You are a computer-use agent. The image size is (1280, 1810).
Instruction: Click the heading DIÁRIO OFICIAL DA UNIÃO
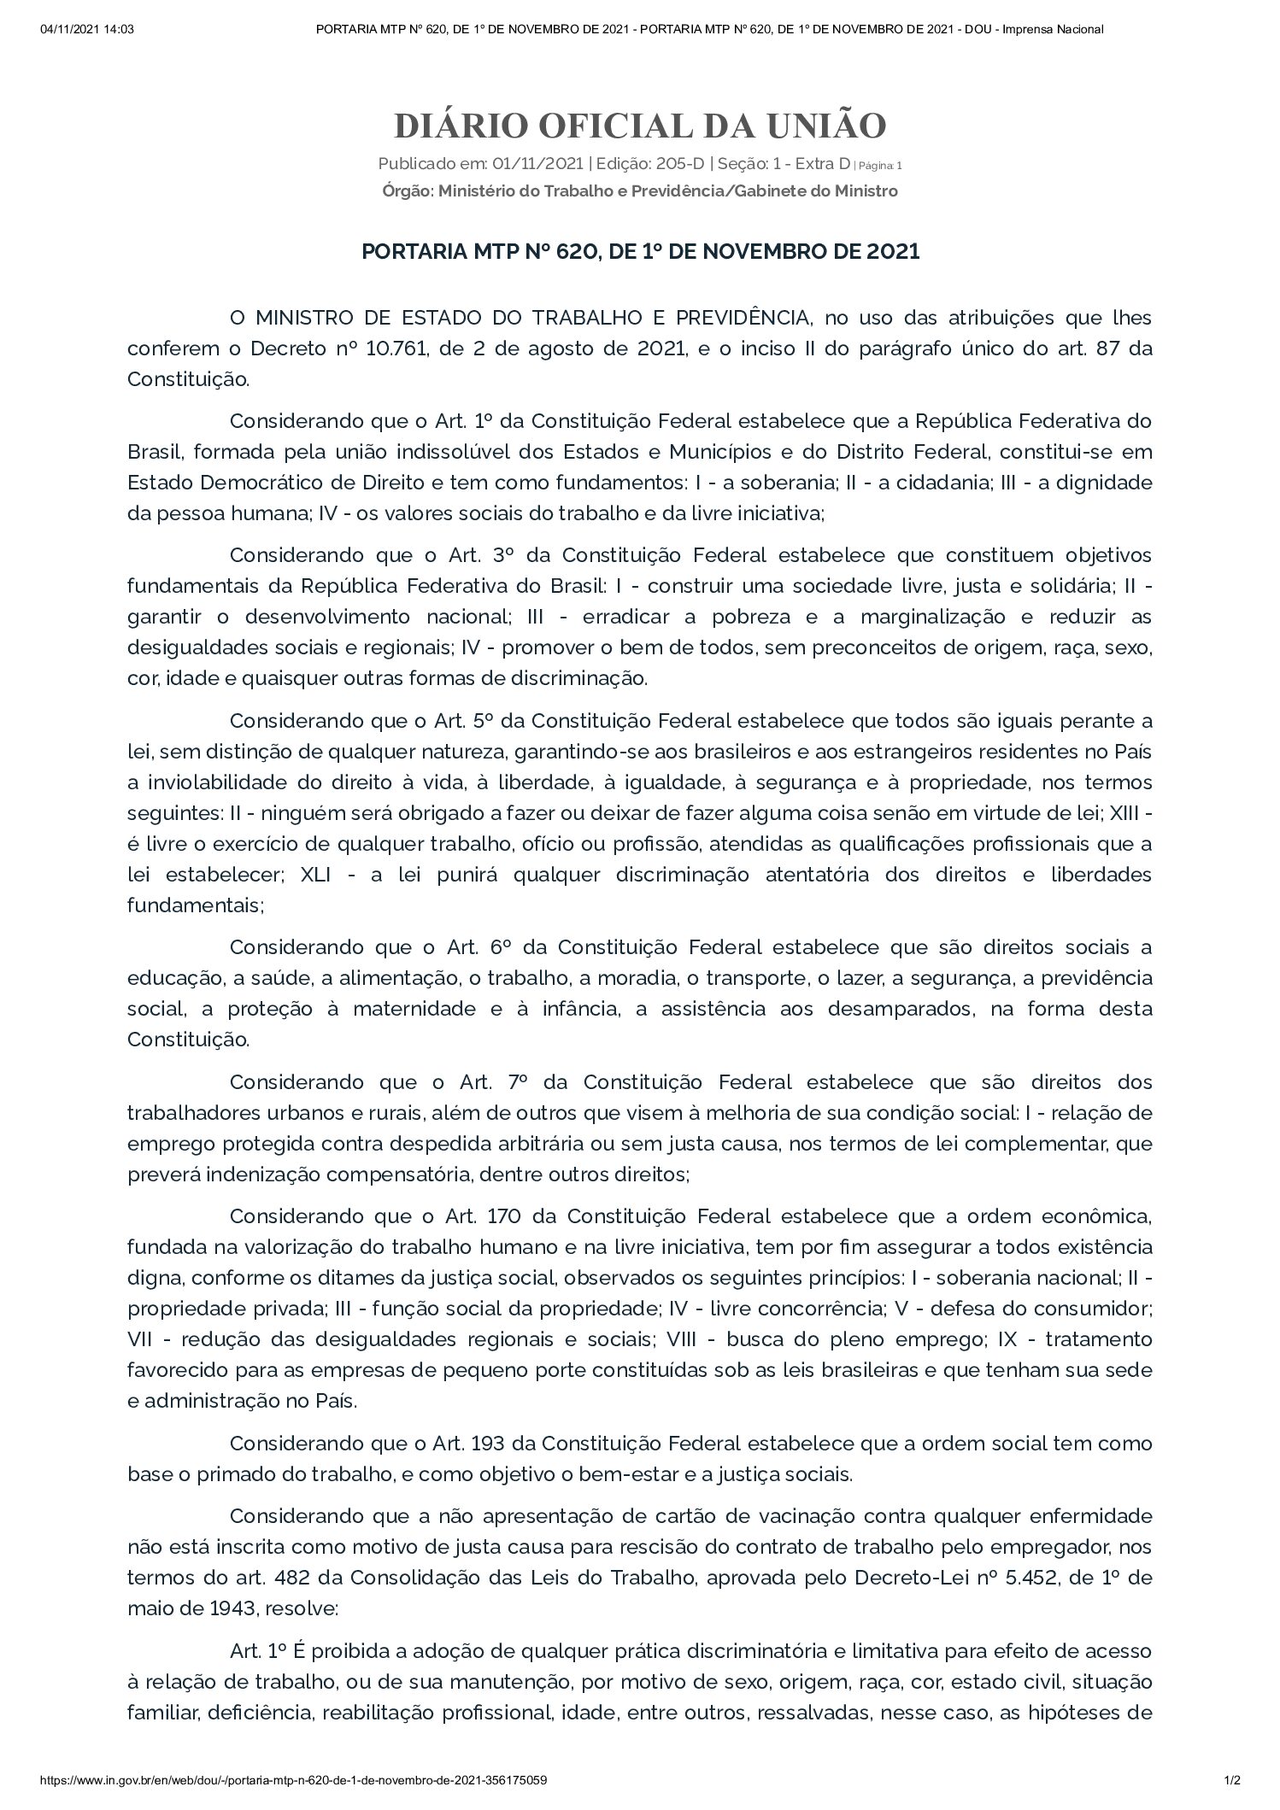click(640, 126)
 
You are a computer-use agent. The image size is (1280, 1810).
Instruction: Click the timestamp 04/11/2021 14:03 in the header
click(87, 29)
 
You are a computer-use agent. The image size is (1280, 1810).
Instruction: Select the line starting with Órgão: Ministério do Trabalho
click(640, 191)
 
